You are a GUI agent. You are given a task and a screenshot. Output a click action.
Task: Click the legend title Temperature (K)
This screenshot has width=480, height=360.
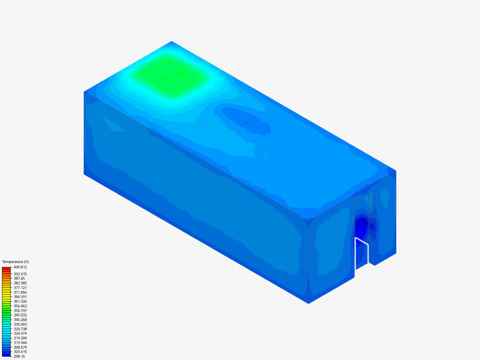16,262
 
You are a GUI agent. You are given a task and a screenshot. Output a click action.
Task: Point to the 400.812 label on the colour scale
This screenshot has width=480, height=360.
20,267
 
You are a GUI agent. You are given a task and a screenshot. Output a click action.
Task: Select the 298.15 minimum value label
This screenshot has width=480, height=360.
19,356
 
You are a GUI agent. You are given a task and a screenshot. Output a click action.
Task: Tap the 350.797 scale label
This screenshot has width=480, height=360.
20,311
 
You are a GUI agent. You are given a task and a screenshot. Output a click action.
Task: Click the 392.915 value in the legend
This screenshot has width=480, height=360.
20,274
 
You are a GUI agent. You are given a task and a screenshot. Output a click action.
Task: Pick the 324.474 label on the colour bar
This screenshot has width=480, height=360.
20,333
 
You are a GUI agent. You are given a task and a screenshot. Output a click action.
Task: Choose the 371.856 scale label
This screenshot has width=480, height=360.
20,292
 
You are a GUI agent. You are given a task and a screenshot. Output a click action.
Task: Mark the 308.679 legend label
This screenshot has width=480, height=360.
20,347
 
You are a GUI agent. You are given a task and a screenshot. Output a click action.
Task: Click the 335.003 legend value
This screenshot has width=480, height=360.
20,324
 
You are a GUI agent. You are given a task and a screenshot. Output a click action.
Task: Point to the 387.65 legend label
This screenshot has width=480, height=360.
19,278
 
